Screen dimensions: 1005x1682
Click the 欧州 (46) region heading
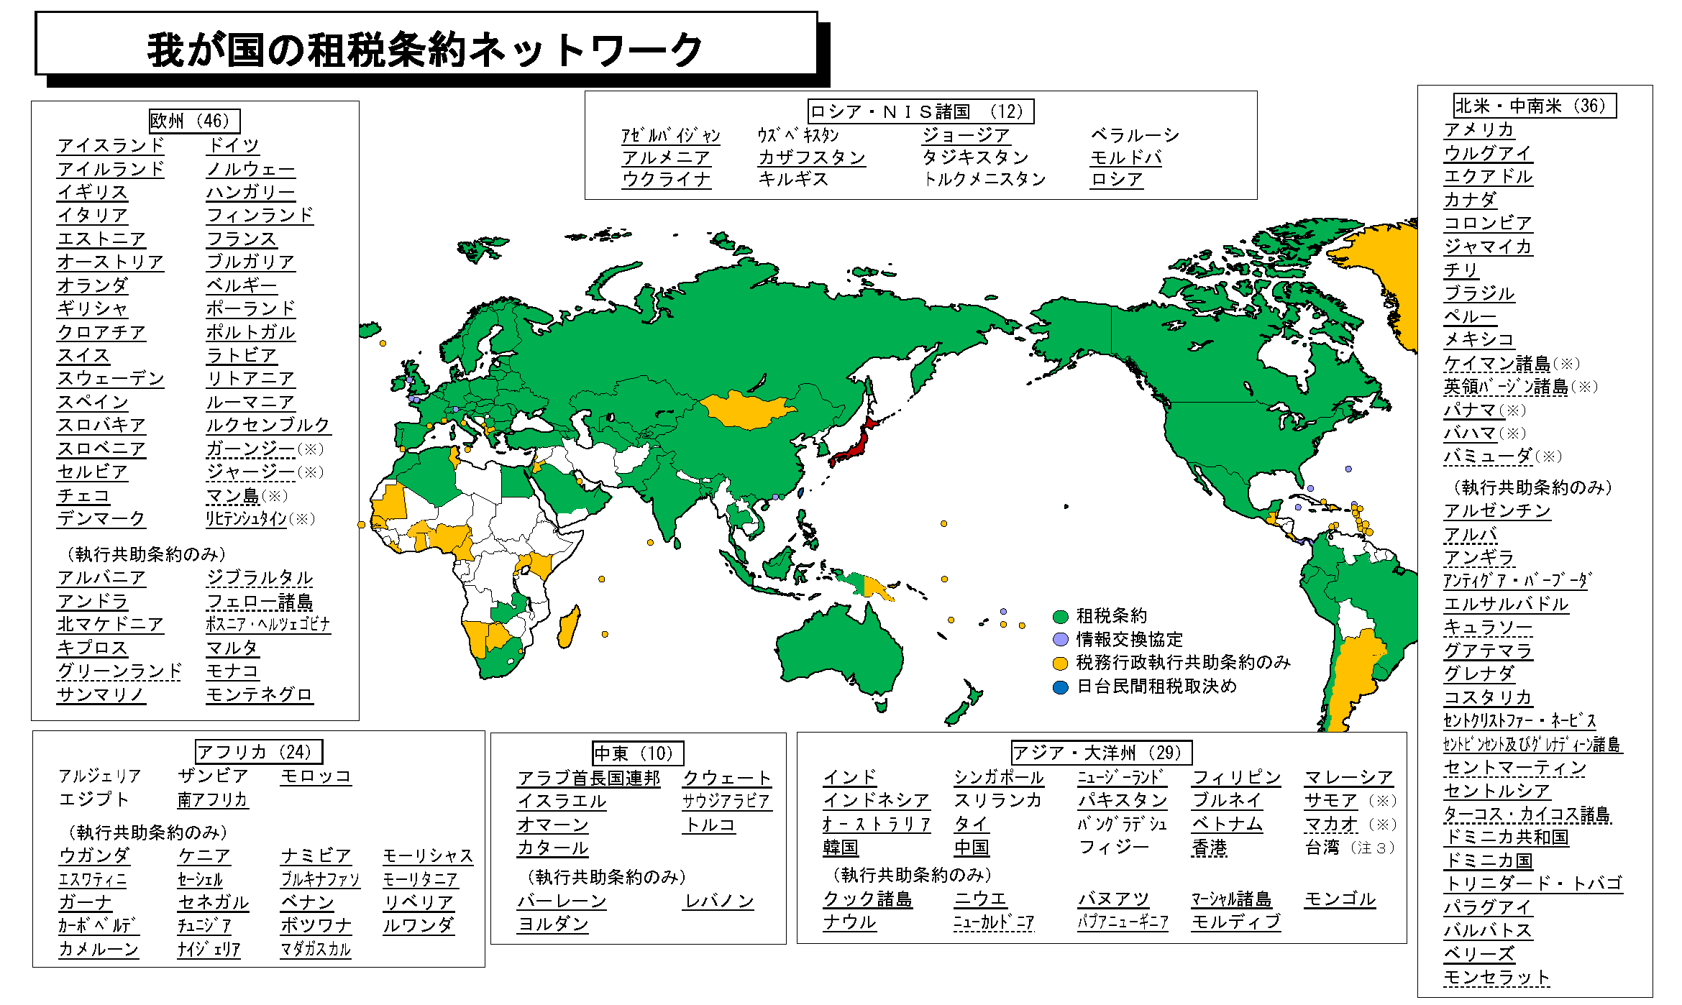point(194,121)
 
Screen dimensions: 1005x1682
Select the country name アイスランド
point(111,145)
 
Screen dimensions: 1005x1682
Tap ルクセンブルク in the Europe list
point(268,425)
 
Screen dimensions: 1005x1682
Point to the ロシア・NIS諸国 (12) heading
point(920,111)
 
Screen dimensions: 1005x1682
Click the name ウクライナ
point(666,179)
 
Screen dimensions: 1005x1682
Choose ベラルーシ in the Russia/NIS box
point(1135,135)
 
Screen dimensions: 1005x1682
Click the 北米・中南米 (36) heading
point(1534,106)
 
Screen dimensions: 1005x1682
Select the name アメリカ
point(1478,129)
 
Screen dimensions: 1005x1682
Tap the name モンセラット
point(1496,977)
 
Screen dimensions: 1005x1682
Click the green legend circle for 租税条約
point(1060,616)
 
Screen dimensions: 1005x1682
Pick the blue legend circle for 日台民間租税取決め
point(1060,687)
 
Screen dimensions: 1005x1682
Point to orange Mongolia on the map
point(748,410)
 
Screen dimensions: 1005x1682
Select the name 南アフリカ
point(212,799)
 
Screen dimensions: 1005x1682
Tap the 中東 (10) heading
point(637,753)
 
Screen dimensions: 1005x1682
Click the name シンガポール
point(998,777)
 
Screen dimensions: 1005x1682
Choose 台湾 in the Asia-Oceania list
point(1322,848)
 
